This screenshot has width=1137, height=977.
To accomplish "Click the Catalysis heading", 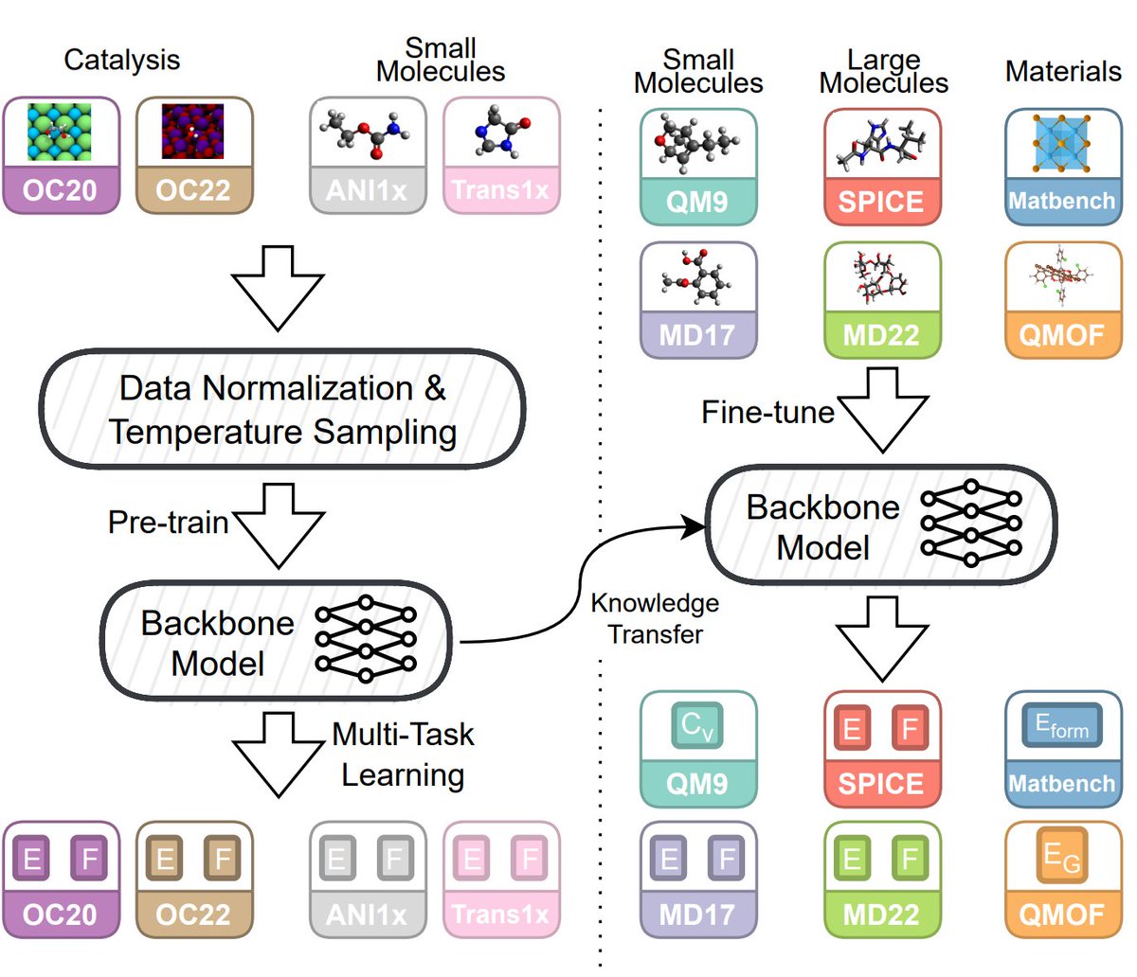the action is coord(121,61).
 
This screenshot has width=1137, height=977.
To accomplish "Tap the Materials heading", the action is coord(1063,71).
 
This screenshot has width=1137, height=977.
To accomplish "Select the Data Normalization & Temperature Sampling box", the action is coord(282,409).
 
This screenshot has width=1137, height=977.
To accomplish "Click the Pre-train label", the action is coord(168,522).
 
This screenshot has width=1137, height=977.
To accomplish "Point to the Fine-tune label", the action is coord(767,412).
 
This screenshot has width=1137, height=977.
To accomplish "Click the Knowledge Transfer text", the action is coord(655,619).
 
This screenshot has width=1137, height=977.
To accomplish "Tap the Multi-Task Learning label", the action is coord(404,755).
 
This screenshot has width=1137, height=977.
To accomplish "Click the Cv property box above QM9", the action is coord(697,725).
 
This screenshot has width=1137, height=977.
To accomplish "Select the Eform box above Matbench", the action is coord(1062,725).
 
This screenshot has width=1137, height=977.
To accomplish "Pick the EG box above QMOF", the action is coord(1062,856).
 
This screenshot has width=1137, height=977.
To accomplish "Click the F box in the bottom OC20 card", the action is coord(89,859).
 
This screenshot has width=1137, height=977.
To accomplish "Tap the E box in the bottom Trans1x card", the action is coord(472,859).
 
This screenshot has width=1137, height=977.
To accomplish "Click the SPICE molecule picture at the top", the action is coord(882,142).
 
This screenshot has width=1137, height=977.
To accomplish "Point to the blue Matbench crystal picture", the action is coord(1061,143).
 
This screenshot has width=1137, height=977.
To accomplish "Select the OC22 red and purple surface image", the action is coord(192,132).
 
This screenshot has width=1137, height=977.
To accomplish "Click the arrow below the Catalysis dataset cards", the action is coord(278,288).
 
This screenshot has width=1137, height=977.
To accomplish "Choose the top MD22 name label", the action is coord(881,334).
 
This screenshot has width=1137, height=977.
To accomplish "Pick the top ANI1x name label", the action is coord(367,190).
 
